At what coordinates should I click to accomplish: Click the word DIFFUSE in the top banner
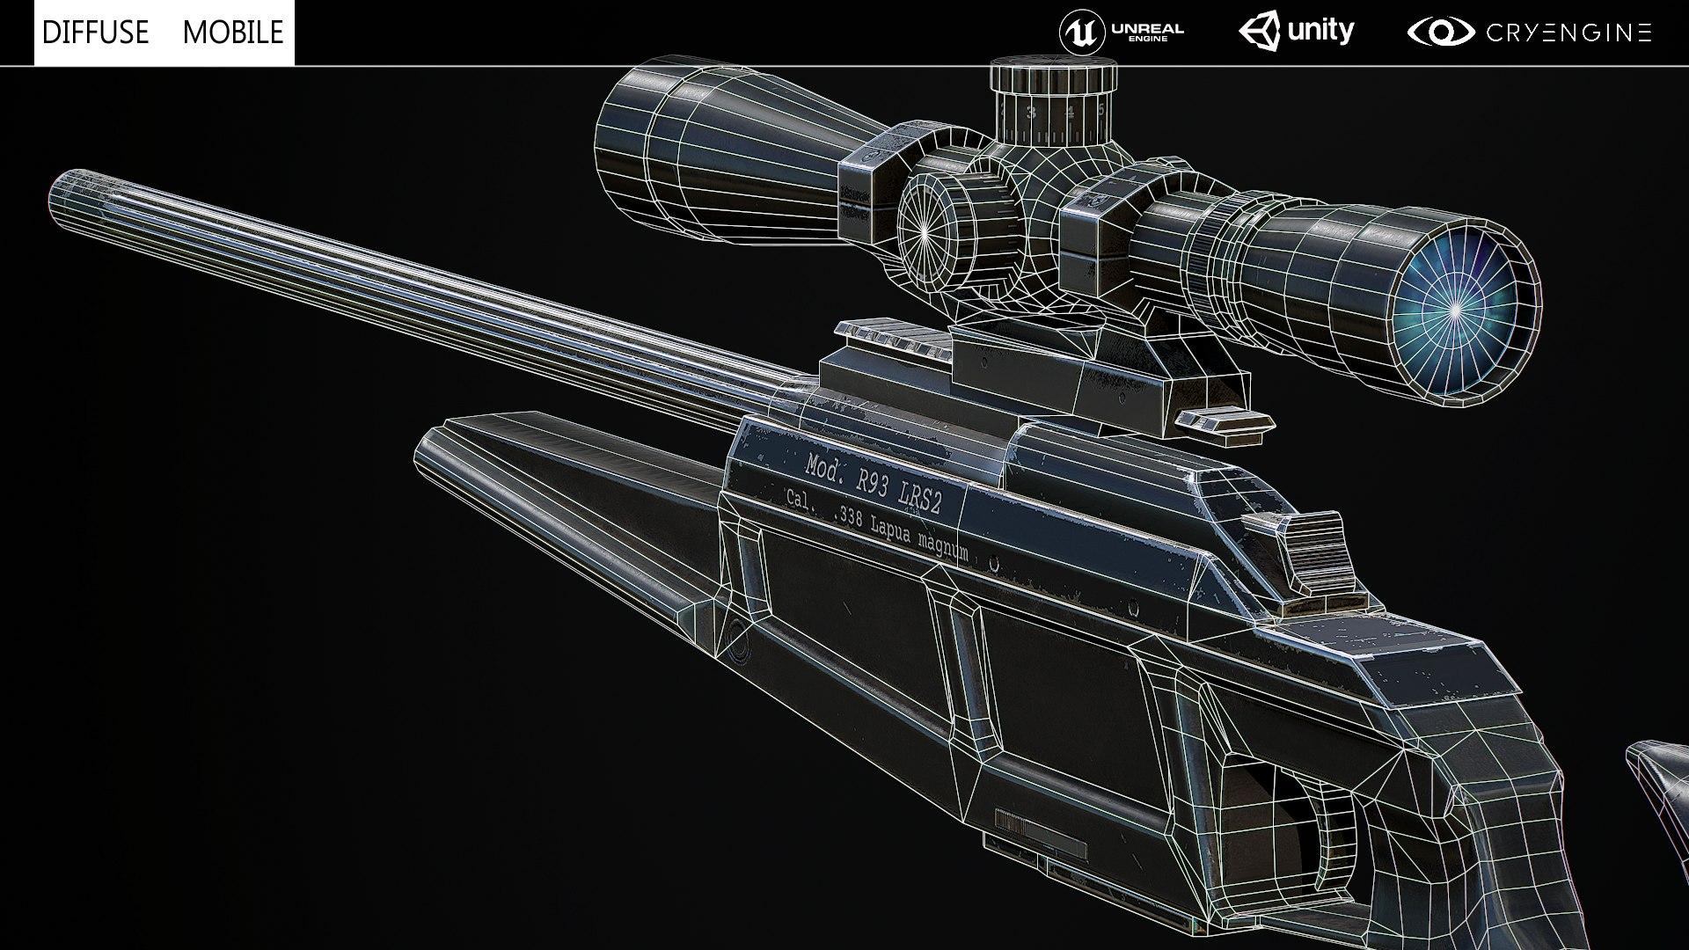pos(95,33)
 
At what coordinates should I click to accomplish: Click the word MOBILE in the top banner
pos(233,33)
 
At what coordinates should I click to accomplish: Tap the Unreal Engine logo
pos(1121,33)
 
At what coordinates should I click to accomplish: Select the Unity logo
pos(1297,33)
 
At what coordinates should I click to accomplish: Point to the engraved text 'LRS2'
pos(920,501)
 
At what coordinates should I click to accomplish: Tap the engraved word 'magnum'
pos(944,547)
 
